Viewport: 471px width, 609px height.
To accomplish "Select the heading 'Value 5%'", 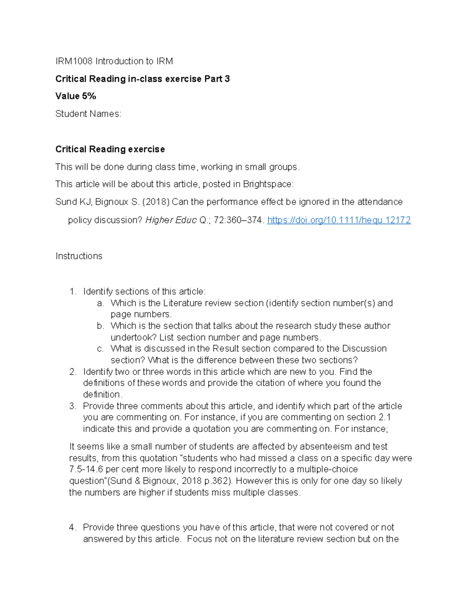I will pyautogui.click(x=76, y=96).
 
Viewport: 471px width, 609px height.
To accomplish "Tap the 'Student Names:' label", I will pyautogui.click(x=88, y=114).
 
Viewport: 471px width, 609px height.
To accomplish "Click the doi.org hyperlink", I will pyautogui.click(x=339, y=220).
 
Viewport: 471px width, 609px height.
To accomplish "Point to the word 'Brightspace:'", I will pyautogui.click(x=268, y=184).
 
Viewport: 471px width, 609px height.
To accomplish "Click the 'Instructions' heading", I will pyautogui.click(x=79, y=256).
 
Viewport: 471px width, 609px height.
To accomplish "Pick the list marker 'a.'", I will pyautogui.click(x=100, y=303).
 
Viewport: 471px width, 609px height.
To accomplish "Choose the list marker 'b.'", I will pyautogui.click(x=100, y=326).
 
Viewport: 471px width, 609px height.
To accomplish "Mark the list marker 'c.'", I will pyautogui.click(x=100, y=349).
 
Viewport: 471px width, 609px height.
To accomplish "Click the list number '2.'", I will pyautogui.click(x=73, y=372).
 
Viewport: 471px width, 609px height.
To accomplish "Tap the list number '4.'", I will pyautogui.click(x=73, y=527).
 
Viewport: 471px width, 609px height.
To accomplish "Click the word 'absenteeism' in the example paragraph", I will pyautogui.click(x=326, y=447).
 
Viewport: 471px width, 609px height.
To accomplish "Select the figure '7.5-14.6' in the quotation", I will pyautogui.click(x=86, y=469).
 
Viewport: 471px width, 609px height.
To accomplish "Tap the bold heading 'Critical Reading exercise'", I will pyautogui.click(x=110, y=149).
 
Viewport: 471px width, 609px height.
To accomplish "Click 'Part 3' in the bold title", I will pyautogui.click(x=217, y=79).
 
